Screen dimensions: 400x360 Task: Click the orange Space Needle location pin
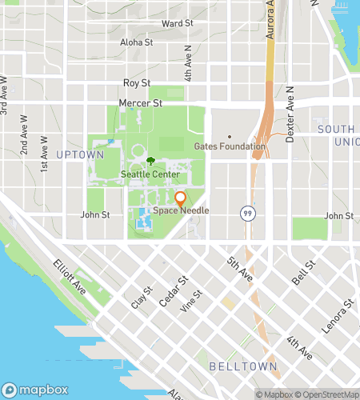tap(180, 198)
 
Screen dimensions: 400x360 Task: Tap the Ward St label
tap(178, 24)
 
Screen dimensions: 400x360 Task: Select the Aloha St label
tap(136, 42)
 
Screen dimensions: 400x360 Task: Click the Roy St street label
tap(137, 82)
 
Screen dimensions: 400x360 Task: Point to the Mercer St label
tap(140, 103)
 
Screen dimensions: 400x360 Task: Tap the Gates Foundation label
tap(230, 146)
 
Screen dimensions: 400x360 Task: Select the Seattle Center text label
tap(145, 174)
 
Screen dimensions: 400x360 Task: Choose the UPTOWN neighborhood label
tap(80, 154)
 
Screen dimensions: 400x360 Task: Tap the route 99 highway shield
tap(246, 213)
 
